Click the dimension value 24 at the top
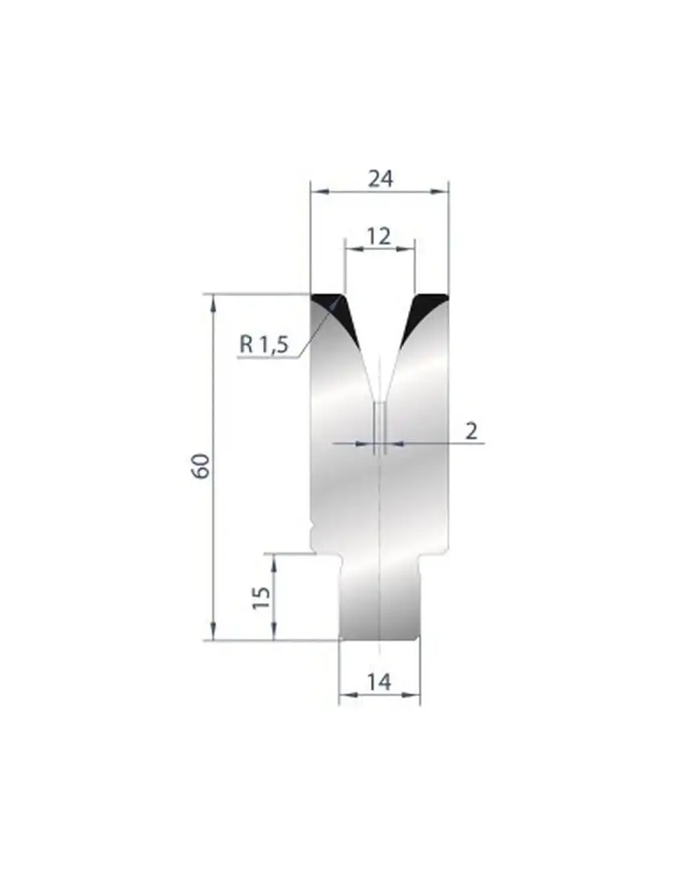(x=381, y=179)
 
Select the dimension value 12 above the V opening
(x=380, y=236)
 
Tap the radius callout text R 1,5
(x=264, y=344)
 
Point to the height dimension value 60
(x=201, y=466)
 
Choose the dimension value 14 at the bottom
(x=379, y=681)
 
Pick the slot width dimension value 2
(x=471, y=431)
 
